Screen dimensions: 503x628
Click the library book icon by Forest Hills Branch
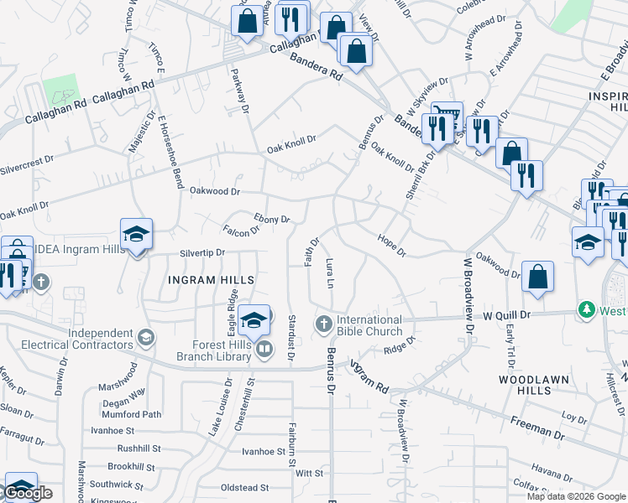coord(264,348)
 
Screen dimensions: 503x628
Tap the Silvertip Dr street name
coord(202,252)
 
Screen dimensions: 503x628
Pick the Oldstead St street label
coord(243,487)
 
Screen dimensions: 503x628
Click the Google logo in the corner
coord(28,494)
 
